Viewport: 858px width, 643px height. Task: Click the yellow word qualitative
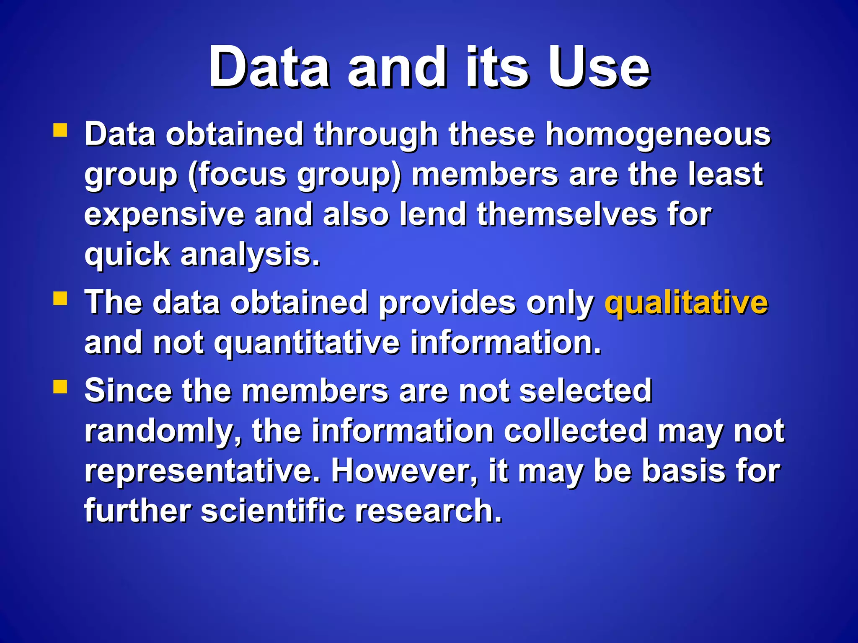pyautogui.click(x=686, y=303)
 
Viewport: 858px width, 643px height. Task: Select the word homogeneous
pyautogui.click(x=658, y=135)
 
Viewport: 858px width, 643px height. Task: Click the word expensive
pyautogui.click(x=164, y=214)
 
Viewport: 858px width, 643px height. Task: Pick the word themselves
pyautogui.click(x=567, y=214)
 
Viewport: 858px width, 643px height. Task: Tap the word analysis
pyautogui.click(x=250, y=255)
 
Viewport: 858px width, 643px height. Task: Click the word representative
pyautogui.click(x=202, y=471)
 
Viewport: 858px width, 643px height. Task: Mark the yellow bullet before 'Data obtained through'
pyautogui.click(x=60, y=130)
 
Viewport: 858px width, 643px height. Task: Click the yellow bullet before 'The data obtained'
pyautogui.click(x=60, y=299)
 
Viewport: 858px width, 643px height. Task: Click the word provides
pyautogui.click(x=447, y=303)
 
